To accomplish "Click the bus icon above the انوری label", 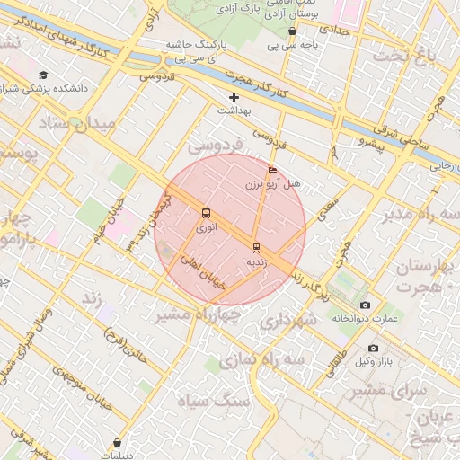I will pos(207,214).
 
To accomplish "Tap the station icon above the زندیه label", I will pos(256,247).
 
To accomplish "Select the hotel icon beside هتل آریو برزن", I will pos(273,169).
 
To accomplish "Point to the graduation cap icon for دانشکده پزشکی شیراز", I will pos(44,75).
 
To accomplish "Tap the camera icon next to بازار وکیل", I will pos(374,348).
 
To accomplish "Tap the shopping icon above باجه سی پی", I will pos(293,31).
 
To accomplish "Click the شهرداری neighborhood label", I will pos(287,320).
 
